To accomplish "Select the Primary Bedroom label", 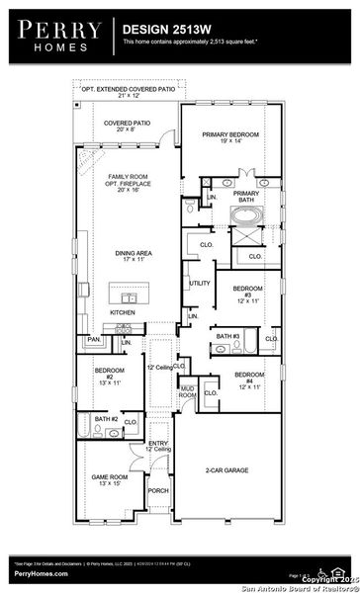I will (x=229, y=137).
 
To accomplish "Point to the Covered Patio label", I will (x=126, y=126).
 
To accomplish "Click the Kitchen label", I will (x=124, y=312).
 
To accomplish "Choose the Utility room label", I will (x=199, y=283).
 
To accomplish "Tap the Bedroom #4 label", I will (x=247, y=379).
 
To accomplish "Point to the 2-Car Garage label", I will (x=226, y=471).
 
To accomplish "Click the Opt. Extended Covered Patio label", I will (x=126, y=92).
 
